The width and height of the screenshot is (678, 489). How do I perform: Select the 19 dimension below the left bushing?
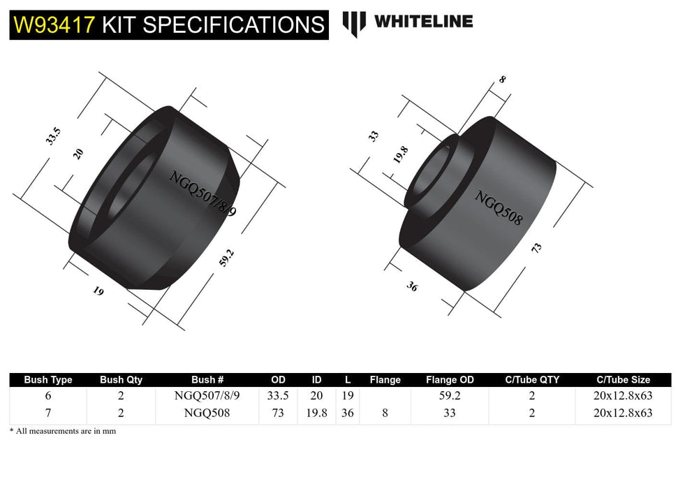click(x=98, y=291)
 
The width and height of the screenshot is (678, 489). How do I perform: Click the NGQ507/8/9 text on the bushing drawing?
click(x=203, y=191)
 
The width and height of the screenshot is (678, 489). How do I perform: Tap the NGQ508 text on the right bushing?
click(x=498, y=207)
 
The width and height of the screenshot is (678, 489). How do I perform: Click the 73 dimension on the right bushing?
click(x=536, y=249)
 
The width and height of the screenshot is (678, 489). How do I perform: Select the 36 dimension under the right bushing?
click(x=412, y=285)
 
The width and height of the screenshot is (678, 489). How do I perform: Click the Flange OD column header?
click(x=450, y=379)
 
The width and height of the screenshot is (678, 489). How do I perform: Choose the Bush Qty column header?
click(x=121, y=379)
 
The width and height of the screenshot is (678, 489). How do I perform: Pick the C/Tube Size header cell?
click(x=624, y=379)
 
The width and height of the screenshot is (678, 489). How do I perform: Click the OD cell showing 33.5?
click(x=278, y=395)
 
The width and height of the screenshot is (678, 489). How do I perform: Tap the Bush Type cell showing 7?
click(x=48, y=412)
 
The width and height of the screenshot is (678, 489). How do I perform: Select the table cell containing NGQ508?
click(x=207, y=412)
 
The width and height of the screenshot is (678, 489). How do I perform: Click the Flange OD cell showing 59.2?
click(x=450, y=395)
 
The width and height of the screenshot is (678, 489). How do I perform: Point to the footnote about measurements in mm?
click(x=63, y=431)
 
